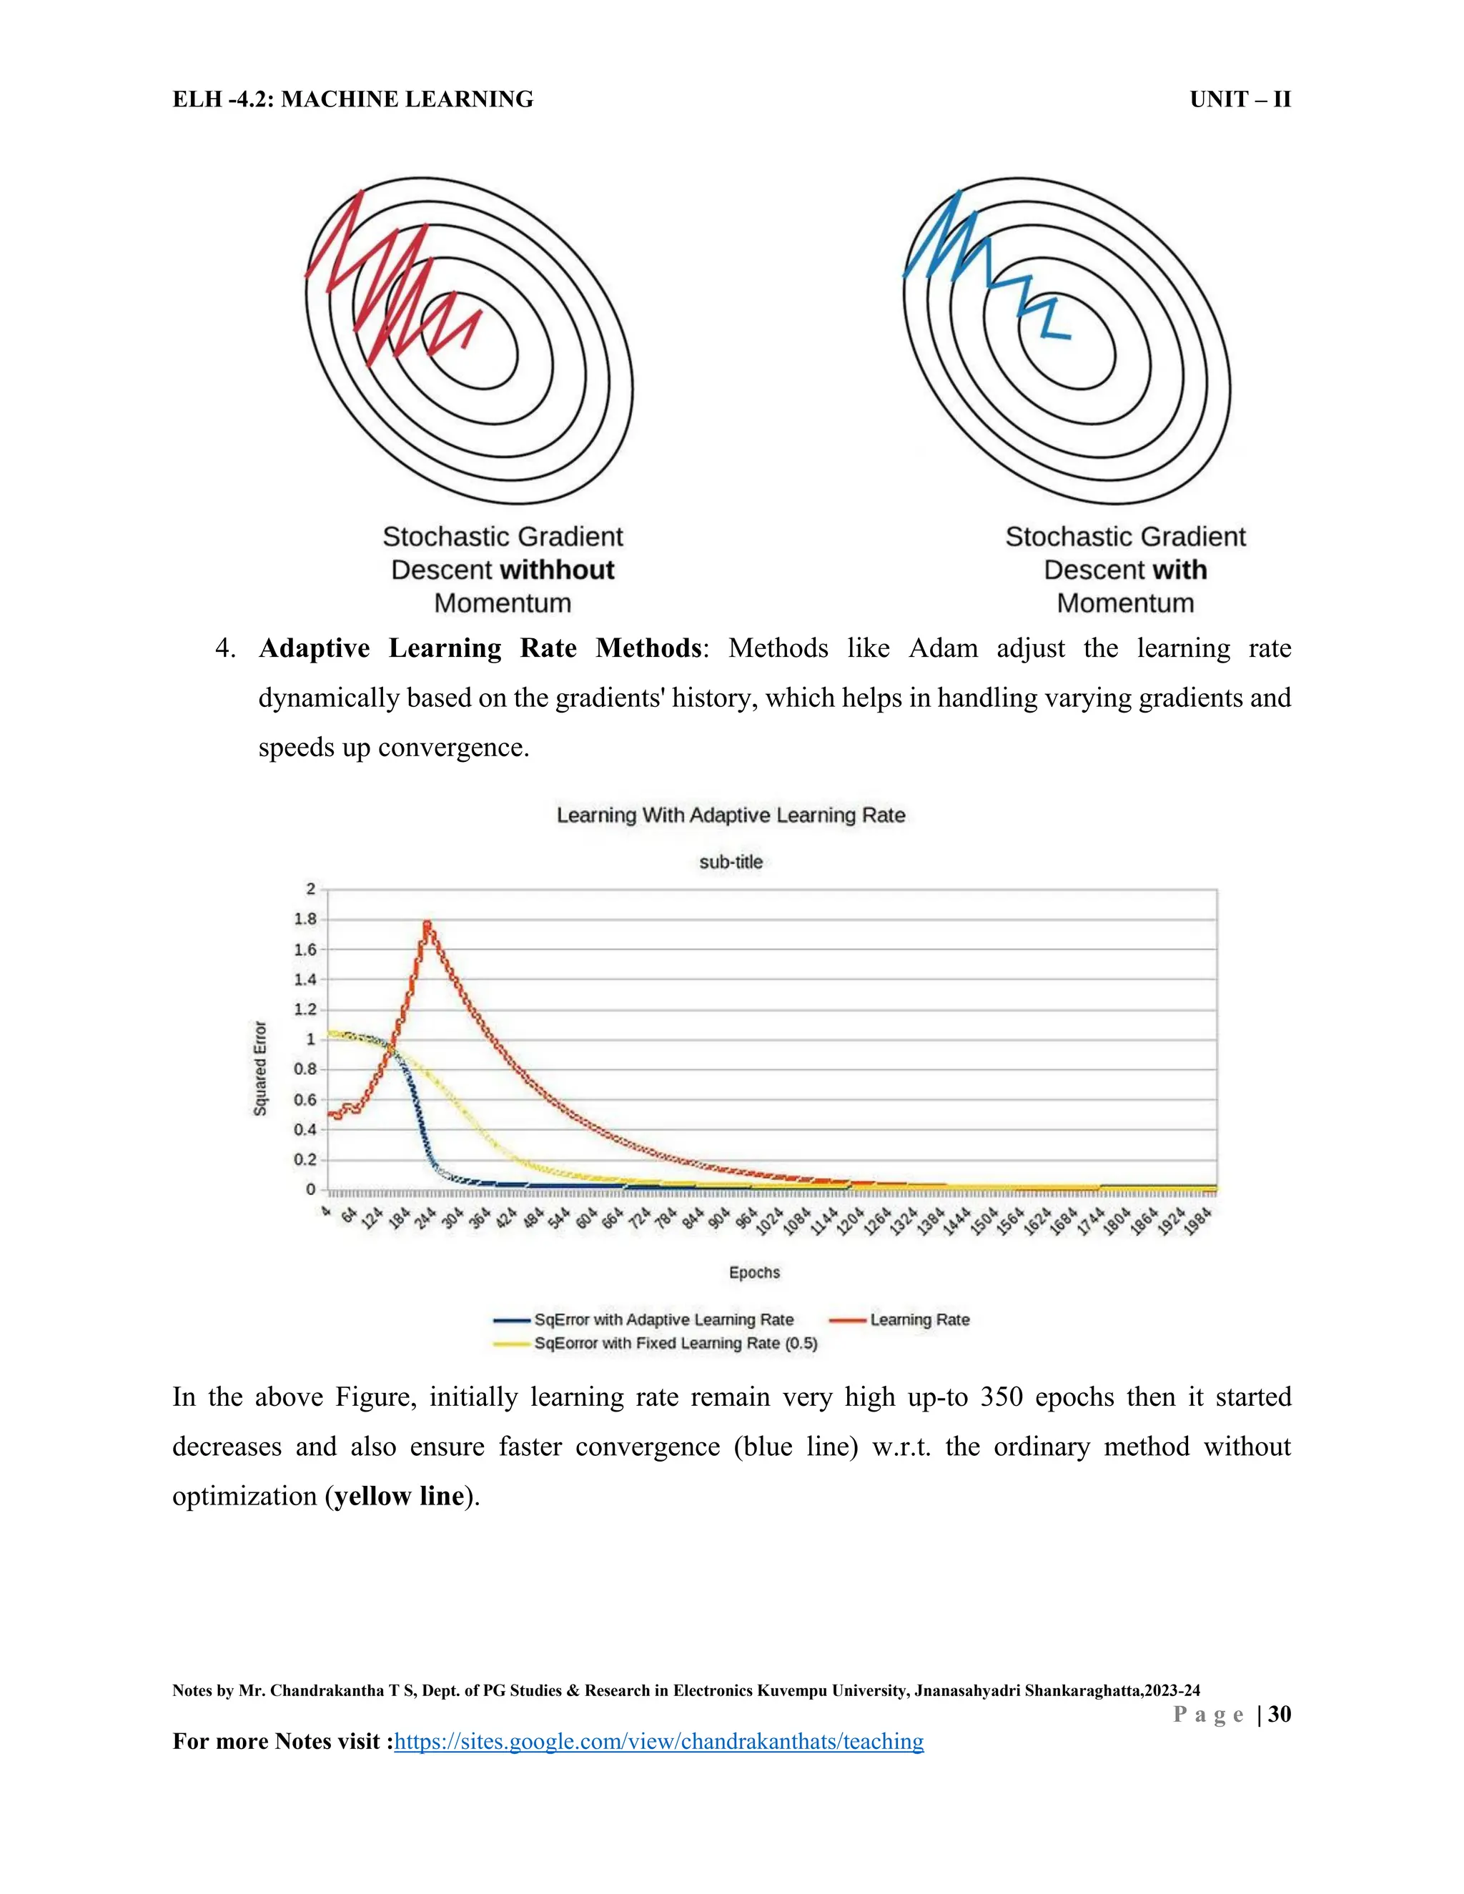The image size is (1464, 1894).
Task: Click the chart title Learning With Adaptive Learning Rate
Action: coord(731,815)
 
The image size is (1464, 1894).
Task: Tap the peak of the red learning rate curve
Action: coord(427,924)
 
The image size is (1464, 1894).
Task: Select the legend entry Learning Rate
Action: coord(919,1320)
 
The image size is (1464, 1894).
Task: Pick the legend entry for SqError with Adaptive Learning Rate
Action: coord(663,1320)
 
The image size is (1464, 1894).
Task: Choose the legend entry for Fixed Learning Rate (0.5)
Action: coord(676,1344)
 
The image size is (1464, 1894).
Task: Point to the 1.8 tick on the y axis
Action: coord(305,919)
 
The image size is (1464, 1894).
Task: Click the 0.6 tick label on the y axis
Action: coord(305,1100)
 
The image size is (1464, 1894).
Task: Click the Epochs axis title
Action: coord(753,1272)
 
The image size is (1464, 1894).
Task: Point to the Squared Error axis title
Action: coord(260,1068)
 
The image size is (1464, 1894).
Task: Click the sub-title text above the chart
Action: coord(731,862)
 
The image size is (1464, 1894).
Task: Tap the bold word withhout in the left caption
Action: coord(558,570)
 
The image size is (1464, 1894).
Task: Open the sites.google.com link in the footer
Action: coord(658,1741)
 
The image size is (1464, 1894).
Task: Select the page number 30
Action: coord(1280,1714)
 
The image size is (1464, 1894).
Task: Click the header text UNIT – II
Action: coord(1240,100)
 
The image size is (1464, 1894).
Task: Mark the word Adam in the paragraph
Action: coord(943,649)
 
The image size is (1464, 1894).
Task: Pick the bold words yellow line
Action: coord(399,1496)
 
